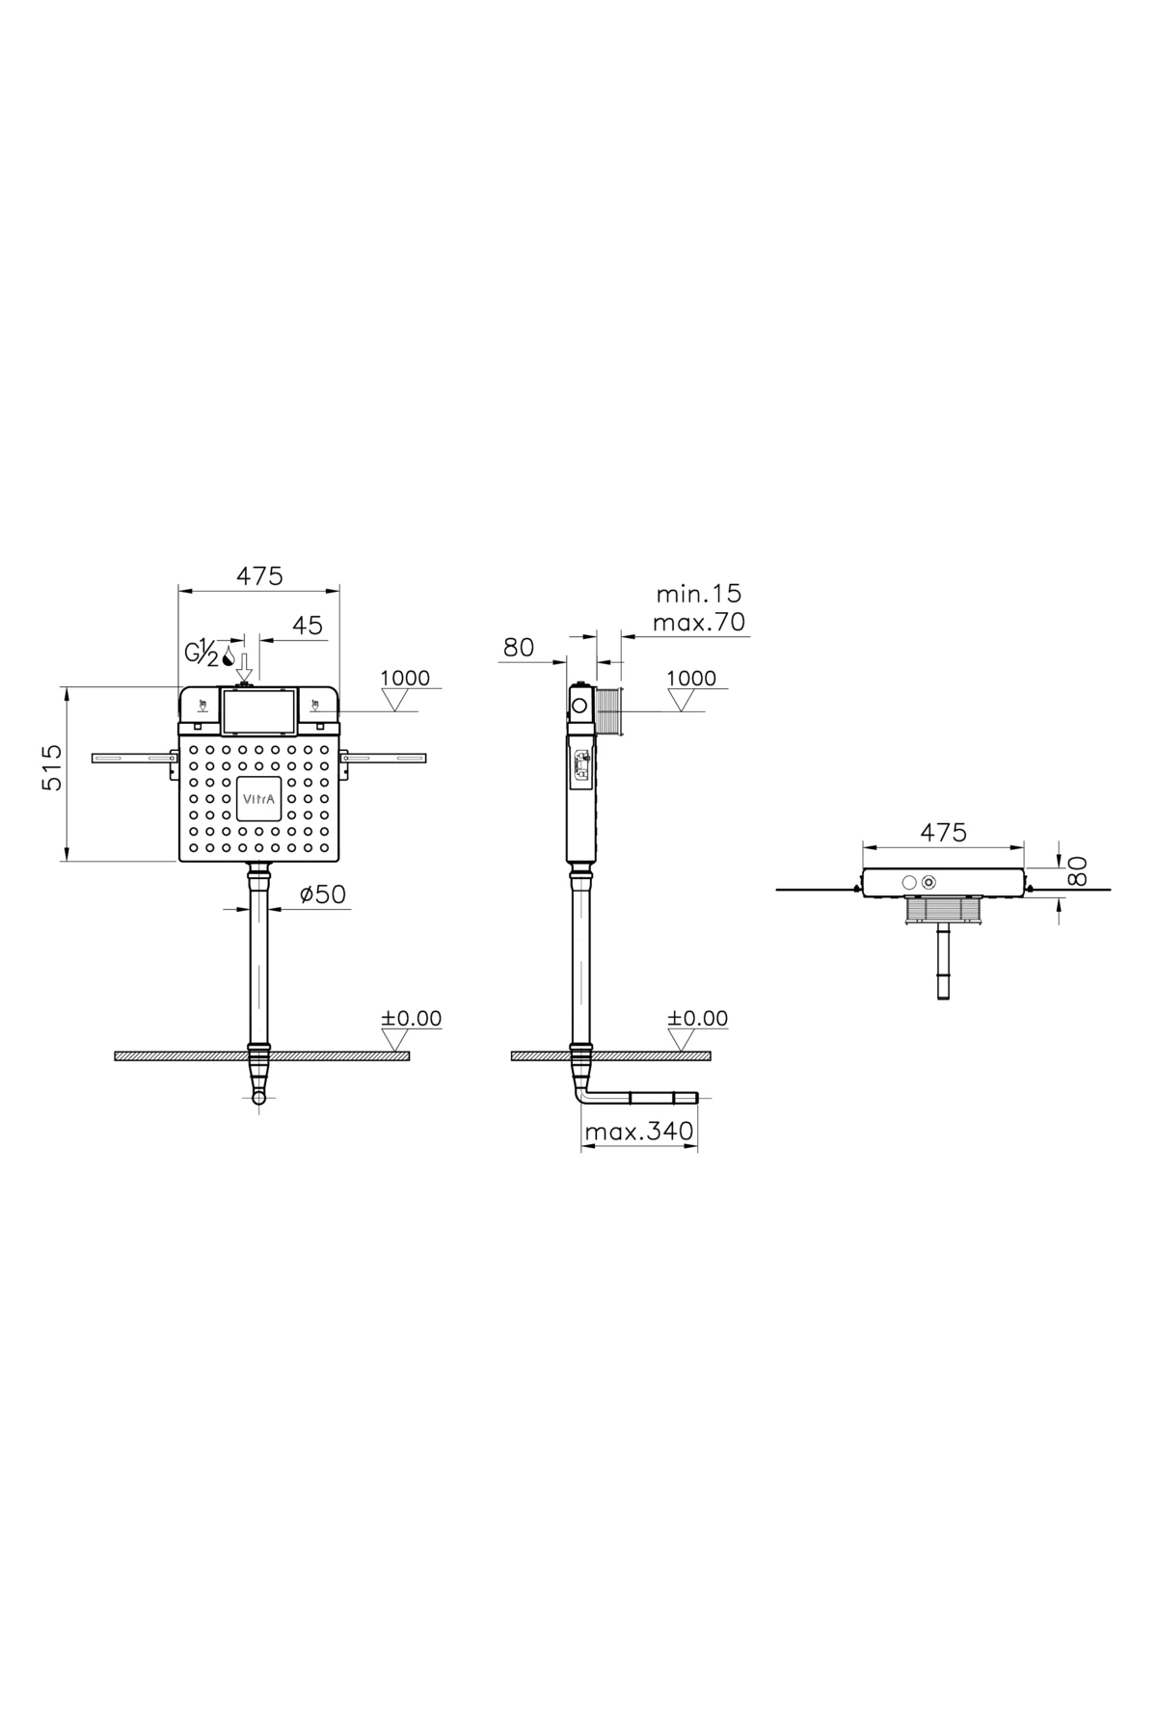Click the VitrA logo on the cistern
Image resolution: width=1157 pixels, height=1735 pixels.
(x=258, y=798)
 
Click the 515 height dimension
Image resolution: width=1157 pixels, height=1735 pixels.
(x=52, y=767)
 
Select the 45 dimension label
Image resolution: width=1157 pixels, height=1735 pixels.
(x=307, y=626)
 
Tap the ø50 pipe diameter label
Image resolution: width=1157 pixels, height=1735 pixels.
(x=322, y=894)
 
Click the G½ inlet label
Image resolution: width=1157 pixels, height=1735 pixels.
(x=202, y=654)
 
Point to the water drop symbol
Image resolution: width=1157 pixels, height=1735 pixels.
(x=229, y=656)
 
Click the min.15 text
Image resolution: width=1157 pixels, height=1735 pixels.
(x=700, y=594)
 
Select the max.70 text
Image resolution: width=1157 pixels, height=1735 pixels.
(x=700, y=622)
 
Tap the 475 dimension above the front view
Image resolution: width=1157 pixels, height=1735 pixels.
(x=260, y=575)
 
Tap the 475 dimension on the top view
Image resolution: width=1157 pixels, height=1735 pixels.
(x=943, y=832)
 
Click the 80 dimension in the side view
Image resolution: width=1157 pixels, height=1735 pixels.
(x=519, y=648)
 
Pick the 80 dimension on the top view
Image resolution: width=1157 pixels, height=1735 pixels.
(x=1078, y=870)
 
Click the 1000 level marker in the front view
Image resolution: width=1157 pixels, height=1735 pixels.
(x=405, y=679)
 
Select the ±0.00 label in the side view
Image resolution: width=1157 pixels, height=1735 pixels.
(x=698, y=1019)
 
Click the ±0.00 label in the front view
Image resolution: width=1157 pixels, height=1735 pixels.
(x=412, y=1019)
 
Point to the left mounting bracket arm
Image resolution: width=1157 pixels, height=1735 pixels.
(x=133, y=759)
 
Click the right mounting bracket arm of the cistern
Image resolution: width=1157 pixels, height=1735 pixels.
(x=386, y=759)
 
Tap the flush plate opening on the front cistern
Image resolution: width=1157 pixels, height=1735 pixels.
(x=258, y=711)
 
